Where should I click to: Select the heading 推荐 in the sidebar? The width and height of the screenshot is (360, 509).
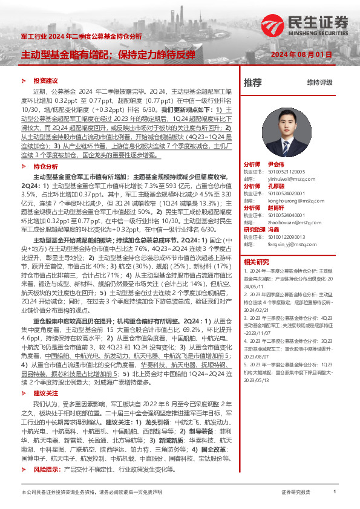coord(252,83)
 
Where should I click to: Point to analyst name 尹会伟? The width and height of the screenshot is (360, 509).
coord(275,164)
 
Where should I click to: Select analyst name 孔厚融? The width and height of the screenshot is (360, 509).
coord(275,186)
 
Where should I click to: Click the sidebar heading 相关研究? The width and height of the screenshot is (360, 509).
coord(256,262)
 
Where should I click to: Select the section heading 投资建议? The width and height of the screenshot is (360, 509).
coord(45,81)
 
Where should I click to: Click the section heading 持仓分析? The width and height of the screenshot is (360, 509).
coord(45,166)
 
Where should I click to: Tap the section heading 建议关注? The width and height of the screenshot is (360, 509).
coord(45,376)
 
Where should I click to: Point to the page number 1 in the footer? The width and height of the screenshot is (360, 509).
coord(335,493)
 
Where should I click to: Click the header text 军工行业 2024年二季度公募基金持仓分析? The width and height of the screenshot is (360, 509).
coord(81,37)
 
